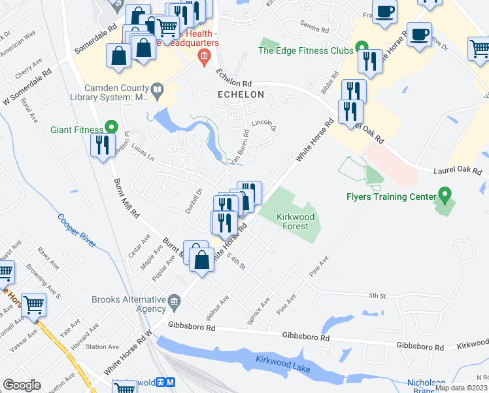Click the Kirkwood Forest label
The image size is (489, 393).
(295, 221)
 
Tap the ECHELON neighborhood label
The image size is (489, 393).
(241, 94)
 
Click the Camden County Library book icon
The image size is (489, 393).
(157, 90)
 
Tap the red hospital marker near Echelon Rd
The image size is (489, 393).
(204, 58)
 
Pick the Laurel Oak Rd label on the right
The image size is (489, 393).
(457, 170)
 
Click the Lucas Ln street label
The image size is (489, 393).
(142, 153)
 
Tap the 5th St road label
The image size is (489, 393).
(378, 296)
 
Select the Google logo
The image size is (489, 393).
(22, 385)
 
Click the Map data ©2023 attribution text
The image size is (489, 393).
(461, 388)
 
